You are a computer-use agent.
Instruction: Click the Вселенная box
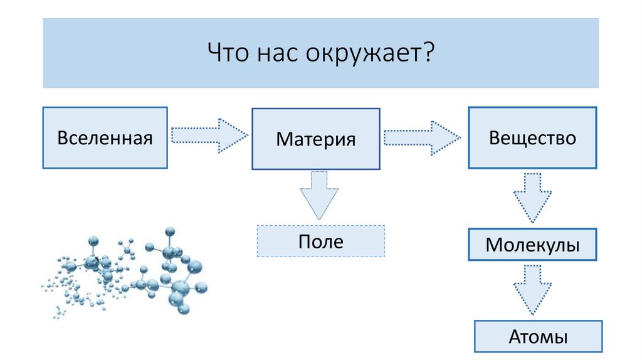click(105, 138)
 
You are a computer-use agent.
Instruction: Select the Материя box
click(315, 139)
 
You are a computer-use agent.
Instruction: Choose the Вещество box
click(532, 138)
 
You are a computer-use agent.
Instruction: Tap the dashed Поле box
click(320, 241)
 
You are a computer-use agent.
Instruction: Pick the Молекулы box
click(532, 245)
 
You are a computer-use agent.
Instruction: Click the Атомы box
click(538, 337)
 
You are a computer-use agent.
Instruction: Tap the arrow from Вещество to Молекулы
click(532, 196)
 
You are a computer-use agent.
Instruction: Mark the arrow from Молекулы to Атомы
click(532, 289)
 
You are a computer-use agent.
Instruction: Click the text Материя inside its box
click(315, 139)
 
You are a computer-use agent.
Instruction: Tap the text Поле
click(320, 241)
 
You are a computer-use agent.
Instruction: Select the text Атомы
click(538, 337)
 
